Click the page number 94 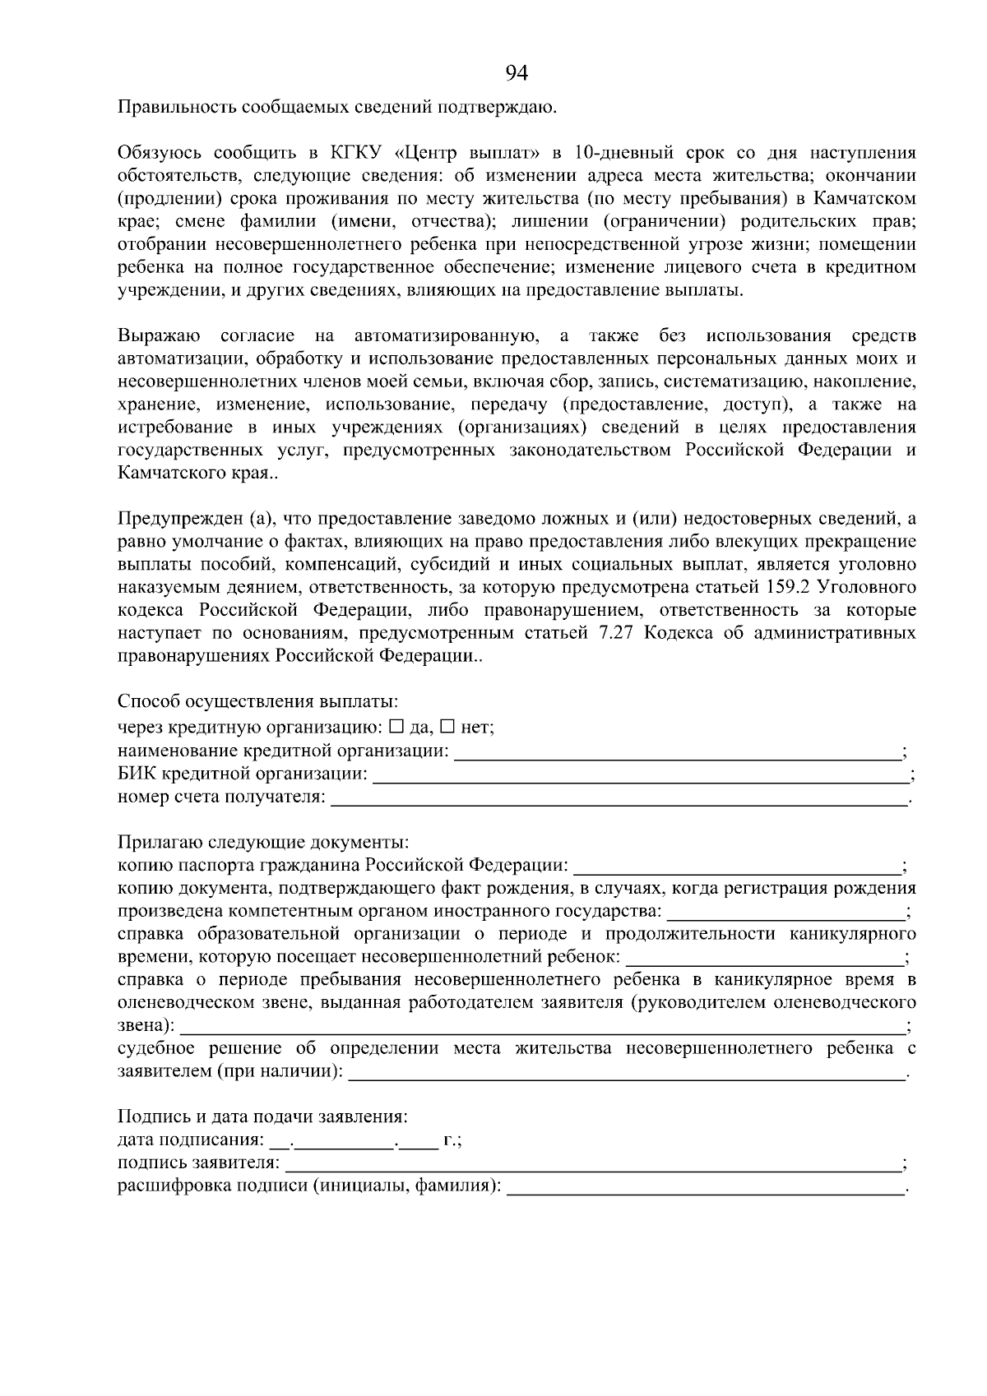pos(517,74)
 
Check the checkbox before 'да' pos(396,727)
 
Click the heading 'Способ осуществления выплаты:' pos(257,702)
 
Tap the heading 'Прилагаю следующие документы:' pos(263,844)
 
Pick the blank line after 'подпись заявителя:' pos(592,1165)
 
